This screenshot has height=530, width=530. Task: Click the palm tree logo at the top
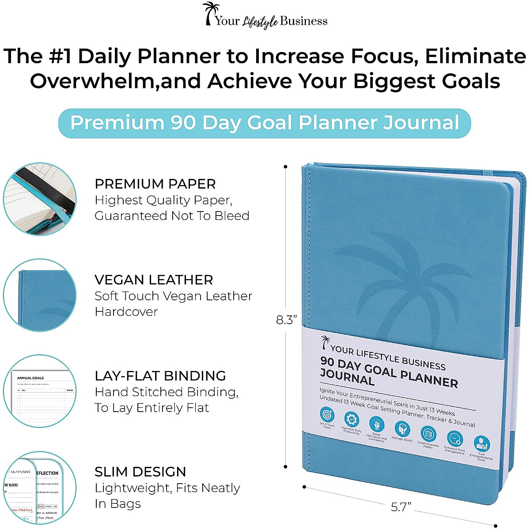point(210,13)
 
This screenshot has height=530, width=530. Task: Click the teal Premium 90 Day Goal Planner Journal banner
point(265,123)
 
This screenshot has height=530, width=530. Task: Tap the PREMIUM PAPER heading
point(155,184)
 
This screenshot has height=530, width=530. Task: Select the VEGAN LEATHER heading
point(154,280)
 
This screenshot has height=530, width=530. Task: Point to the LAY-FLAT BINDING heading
point(160,375)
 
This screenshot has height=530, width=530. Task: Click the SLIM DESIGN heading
point(140,471)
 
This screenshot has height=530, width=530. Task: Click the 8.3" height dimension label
point(287,320)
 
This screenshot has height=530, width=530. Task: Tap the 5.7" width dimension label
point(401,507)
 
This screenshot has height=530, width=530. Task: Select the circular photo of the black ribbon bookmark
point(40,199)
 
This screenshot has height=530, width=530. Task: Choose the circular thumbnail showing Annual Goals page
point(40,391)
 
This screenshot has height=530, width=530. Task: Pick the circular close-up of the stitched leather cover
point(40,295)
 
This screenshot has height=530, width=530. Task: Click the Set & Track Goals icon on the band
point(327,415)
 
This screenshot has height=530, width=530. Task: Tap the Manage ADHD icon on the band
point(402,428)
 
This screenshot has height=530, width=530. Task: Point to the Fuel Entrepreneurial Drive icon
point(481,443)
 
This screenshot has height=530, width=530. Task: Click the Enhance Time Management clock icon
point(454,438)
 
